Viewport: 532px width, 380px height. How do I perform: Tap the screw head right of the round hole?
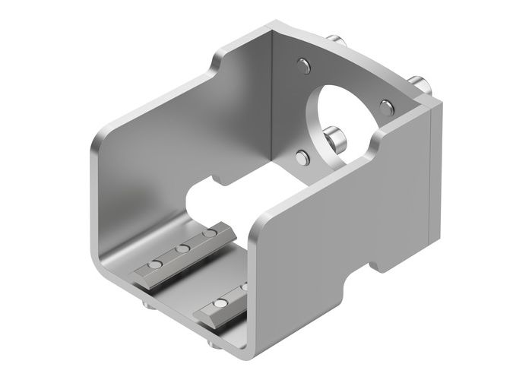(387, 104)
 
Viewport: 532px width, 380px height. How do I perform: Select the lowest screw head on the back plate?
(302, 158)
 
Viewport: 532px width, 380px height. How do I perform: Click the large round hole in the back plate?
(342, 114)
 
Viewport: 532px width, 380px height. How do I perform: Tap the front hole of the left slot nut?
(155, 264)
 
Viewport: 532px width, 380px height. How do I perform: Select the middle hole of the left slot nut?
(182, 248)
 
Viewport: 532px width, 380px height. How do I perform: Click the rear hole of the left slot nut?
(207, 234)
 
